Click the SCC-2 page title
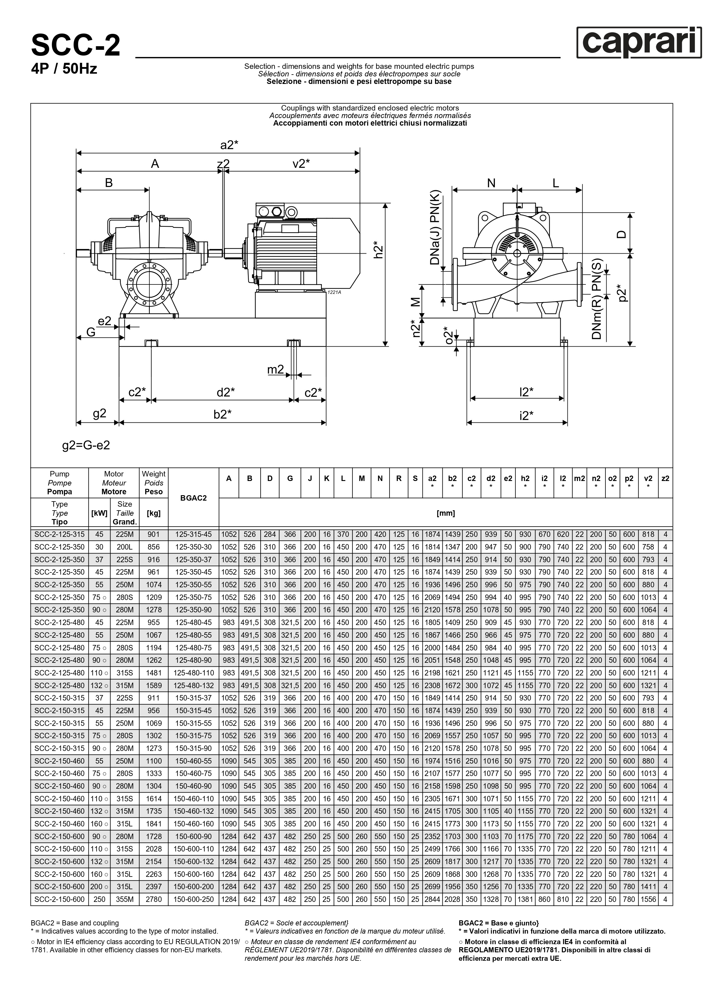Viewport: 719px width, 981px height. click(x=76, y=46)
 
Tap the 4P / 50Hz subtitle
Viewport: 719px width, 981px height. click(x=64, y=69)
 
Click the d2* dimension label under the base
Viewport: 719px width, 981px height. click(x=226, y=393)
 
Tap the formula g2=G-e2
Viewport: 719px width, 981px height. click(x=86, y=445)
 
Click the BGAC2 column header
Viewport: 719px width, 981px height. click(x=193, y=498)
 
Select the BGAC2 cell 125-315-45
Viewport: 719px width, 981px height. click(x=193, y=534)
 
